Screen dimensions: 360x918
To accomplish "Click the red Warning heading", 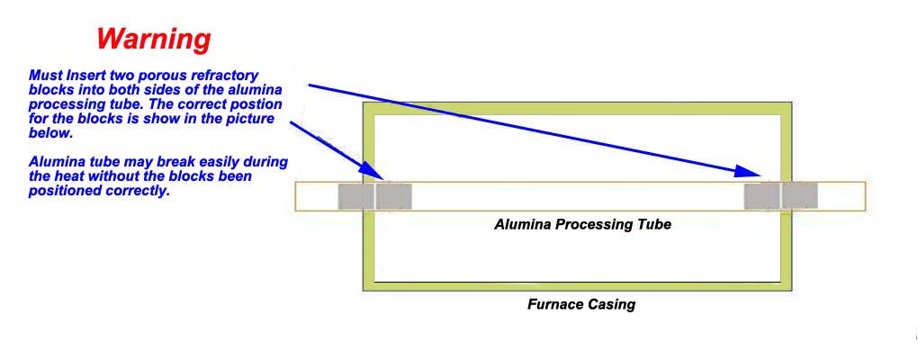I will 154,39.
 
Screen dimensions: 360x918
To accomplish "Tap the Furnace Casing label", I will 580,304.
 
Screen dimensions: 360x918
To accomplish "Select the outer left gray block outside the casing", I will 355,196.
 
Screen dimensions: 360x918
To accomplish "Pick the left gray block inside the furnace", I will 394,196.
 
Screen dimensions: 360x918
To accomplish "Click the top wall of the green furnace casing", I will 576,109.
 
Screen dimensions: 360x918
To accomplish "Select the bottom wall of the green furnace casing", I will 576,285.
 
